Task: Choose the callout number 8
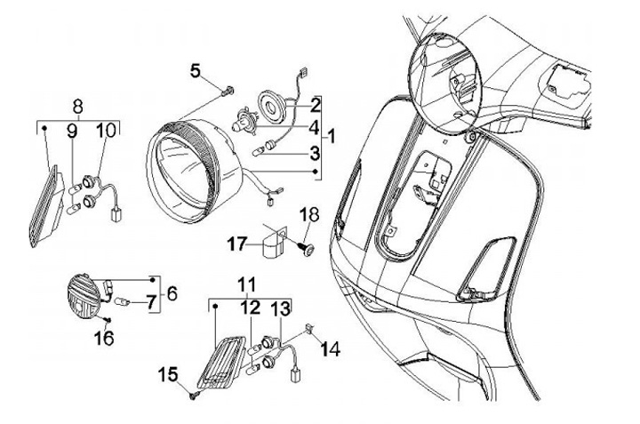click(77, 105)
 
